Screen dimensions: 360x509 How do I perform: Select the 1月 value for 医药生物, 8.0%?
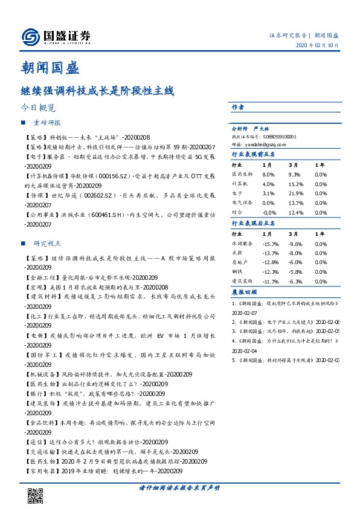(268, 173)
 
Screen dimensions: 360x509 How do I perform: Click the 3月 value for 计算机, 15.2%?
(295, 183)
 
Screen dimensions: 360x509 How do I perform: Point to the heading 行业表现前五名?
(254, 154)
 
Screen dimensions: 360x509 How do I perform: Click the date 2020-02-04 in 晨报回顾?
(245, 351)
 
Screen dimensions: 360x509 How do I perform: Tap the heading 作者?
(237, 107)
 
